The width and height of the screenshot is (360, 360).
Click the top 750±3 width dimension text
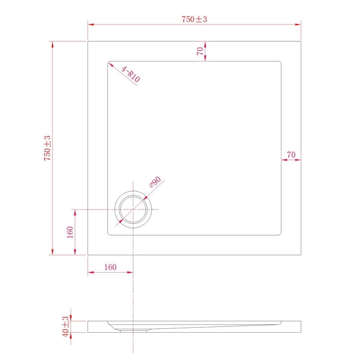[x=194, y=19]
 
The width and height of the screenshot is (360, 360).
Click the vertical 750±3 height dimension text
[x=47, y=148]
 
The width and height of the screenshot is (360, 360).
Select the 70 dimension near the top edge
[x=199, y=51]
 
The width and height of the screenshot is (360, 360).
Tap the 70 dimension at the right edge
[x=290, y=155]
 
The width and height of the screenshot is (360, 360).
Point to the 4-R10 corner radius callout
[x=131, y=75]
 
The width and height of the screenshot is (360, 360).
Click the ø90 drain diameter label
[x=155, y=182]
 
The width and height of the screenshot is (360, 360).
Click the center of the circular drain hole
[x=133, y=210]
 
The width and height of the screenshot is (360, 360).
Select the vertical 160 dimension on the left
[x=70, y=232]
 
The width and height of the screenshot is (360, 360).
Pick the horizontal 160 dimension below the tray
[x=110, y=267]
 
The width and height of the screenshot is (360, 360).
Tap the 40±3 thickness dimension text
[x=65, y=326]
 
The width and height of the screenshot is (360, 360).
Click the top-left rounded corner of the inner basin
[x=109, y=62]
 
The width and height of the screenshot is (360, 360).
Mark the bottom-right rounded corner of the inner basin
[x=280, y=234]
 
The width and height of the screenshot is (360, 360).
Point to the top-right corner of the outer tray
[x=300, y=41]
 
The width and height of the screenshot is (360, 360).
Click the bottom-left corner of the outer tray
[x=88, y=255]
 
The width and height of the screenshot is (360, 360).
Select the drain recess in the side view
[x=132, y=329]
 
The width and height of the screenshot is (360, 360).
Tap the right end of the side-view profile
[x=300, y=326]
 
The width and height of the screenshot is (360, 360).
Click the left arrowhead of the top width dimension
[x=89, y=24]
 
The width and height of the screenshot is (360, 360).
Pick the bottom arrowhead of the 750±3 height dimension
[x=52, y=253]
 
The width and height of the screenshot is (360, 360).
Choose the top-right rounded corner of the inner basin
[x=280, y=62]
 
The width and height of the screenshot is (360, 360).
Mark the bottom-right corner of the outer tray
[x=300, y=255]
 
